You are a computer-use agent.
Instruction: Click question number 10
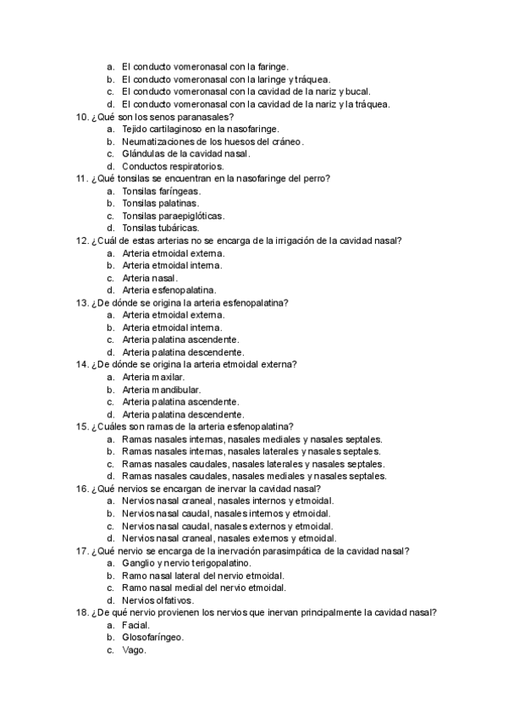[81, 117]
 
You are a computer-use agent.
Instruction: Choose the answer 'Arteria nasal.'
[150, 278]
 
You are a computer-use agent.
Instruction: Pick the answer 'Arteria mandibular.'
[161, 389]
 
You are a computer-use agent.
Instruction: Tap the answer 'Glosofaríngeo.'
[153, 638]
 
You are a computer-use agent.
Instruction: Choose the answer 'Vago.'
[134, 650]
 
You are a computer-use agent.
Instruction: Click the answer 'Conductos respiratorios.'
[167, 167]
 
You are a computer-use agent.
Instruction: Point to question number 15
[81, 427]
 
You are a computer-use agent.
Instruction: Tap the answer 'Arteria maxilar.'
[153, 377]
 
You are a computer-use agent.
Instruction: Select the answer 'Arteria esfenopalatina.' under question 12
[168, 290]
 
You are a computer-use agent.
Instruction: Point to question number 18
[81, 612]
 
